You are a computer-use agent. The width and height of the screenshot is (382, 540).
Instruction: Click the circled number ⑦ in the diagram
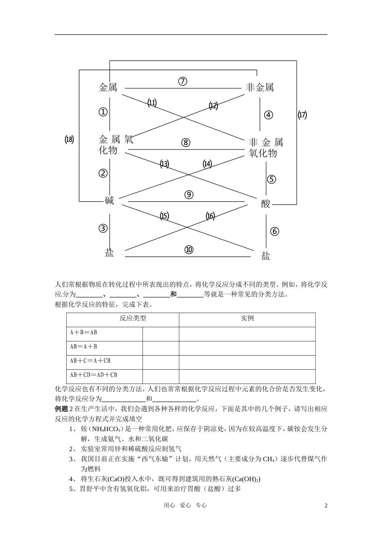point(183,81)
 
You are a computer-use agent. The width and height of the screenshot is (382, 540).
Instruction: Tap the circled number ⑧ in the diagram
point(185,143)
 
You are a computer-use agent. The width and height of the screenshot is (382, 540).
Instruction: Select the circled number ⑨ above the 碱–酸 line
point(189,195)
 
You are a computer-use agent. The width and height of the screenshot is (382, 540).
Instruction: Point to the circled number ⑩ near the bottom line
point(189,250)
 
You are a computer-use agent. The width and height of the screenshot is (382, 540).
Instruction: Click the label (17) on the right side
point(302,115)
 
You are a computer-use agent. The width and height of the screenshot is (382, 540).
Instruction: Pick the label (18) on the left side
point(69,140)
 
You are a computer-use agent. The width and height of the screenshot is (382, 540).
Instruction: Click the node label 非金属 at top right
point(260,88)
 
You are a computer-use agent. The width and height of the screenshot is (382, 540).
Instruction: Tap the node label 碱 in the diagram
point(109,200)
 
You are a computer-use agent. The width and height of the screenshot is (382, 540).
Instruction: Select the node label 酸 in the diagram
point(266,204)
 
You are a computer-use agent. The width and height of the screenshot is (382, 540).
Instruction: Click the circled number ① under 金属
point(103,112)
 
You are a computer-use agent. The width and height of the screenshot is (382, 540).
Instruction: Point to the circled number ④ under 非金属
point(268,115)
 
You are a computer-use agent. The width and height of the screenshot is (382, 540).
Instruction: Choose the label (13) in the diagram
point(164,164)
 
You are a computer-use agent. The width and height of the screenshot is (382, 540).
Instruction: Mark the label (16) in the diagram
point(210,216)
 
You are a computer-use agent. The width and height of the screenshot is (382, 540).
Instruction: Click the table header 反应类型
point(133,318)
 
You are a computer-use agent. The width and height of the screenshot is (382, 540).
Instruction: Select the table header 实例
point(247,318)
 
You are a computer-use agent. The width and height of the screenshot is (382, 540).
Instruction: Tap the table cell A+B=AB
point(84,333)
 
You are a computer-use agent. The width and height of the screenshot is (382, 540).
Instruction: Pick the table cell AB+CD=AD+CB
point(94,375)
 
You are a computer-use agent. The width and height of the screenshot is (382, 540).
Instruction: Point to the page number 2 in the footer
point(326,505)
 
